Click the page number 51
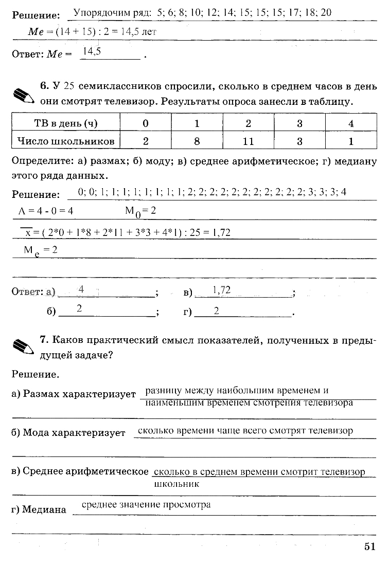point(370,546)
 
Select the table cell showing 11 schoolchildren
point(248,140)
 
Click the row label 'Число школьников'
point(66,140)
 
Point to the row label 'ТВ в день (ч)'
point(66,123)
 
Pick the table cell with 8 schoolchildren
point(197,140)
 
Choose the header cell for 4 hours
point(351,123)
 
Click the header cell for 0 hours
point(146,123)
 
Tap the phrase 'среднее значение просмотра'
point(146,504)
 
